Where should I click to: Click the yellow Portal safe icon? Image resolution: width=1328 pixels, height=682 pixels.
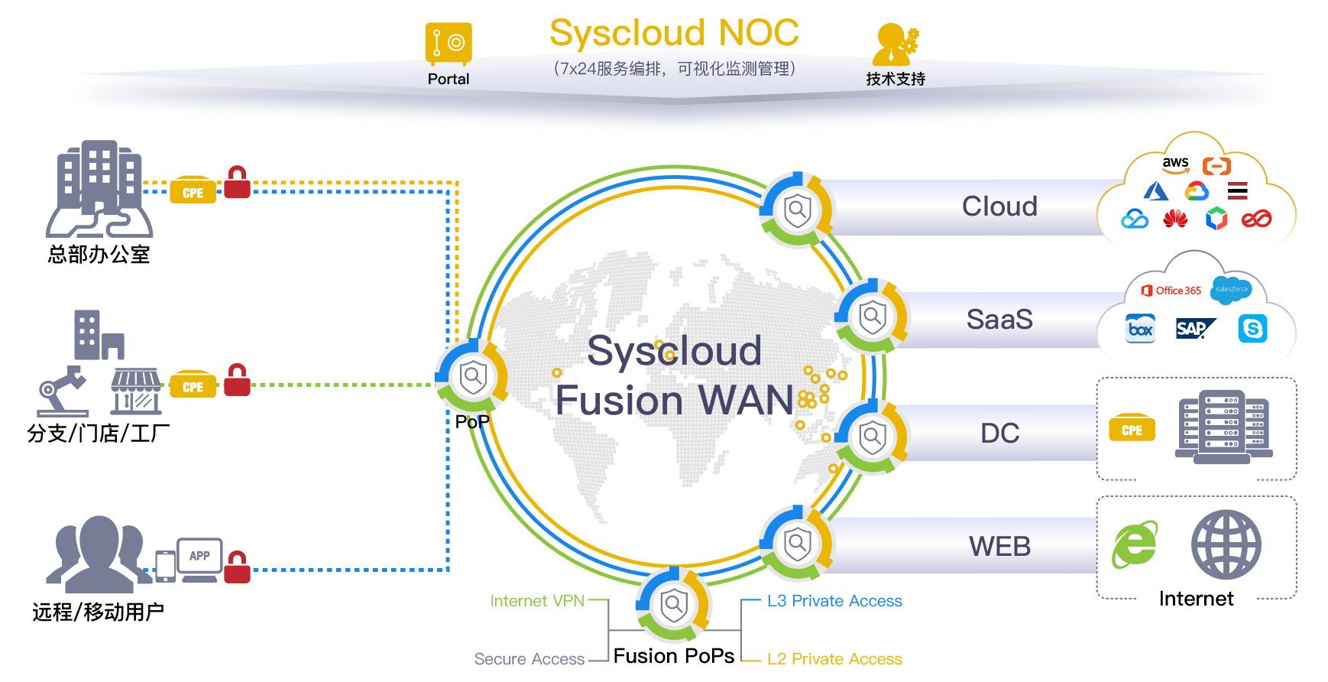(x=449, y=43)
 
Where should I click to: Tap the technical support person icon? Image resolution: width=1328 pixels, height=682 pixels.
(x=896, y=44)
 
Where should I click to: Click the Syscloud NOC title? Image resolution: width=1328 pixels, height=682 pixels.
(x=674, y=33)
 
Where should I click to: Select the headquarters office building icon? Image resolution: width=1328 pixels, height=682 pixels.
(x=99, y=188)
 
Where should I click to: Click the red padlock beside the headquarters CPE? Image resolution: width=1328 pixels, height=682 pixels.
(x=237, y=182)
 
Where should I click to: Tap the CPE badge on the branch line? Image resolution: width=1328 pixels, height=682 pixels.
(x=193, y=386)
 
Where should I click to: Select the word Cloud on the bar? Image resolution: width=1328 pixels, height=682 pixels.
(x=999, y=206)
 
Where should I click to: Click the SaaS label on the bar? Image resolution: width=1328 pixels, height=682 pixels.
(x=999, y=320)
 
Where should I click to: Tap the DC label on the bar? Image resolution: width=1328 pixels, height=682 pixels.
(x=999, y=434)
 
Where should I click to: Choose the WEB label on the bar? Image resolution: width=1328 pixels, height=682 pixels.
(x=999, y=547)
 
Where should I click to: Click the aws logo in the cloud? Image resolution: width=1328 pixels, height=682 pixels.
(x=1175, y=164)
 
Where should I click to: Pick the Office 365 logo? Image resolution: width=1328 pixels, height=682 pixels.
(x=1171, y=291)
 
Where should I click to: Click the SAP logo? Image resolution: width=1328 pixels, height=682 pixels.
(x=1196, y=329)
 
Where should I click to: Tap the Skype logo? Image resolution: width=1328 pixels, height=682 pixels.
(x=1253, y=329)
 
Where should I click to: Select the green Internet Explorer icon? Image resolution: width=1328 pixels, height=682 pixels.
(x=1135, y=544)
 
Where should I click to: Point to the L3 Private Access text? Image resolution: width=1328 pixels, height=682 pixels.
(x=834, y=601)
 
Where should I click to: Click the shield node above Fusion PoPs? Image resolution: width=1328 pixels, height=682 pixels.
(x=674, y=604)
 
